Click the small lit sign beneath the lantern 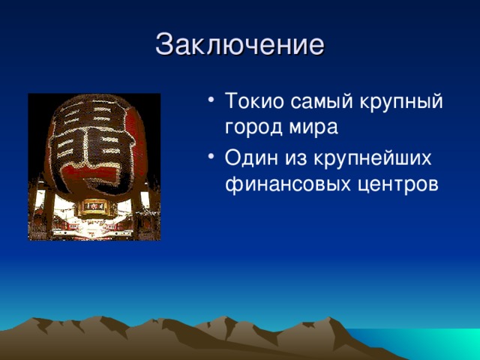click(94, 205)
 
